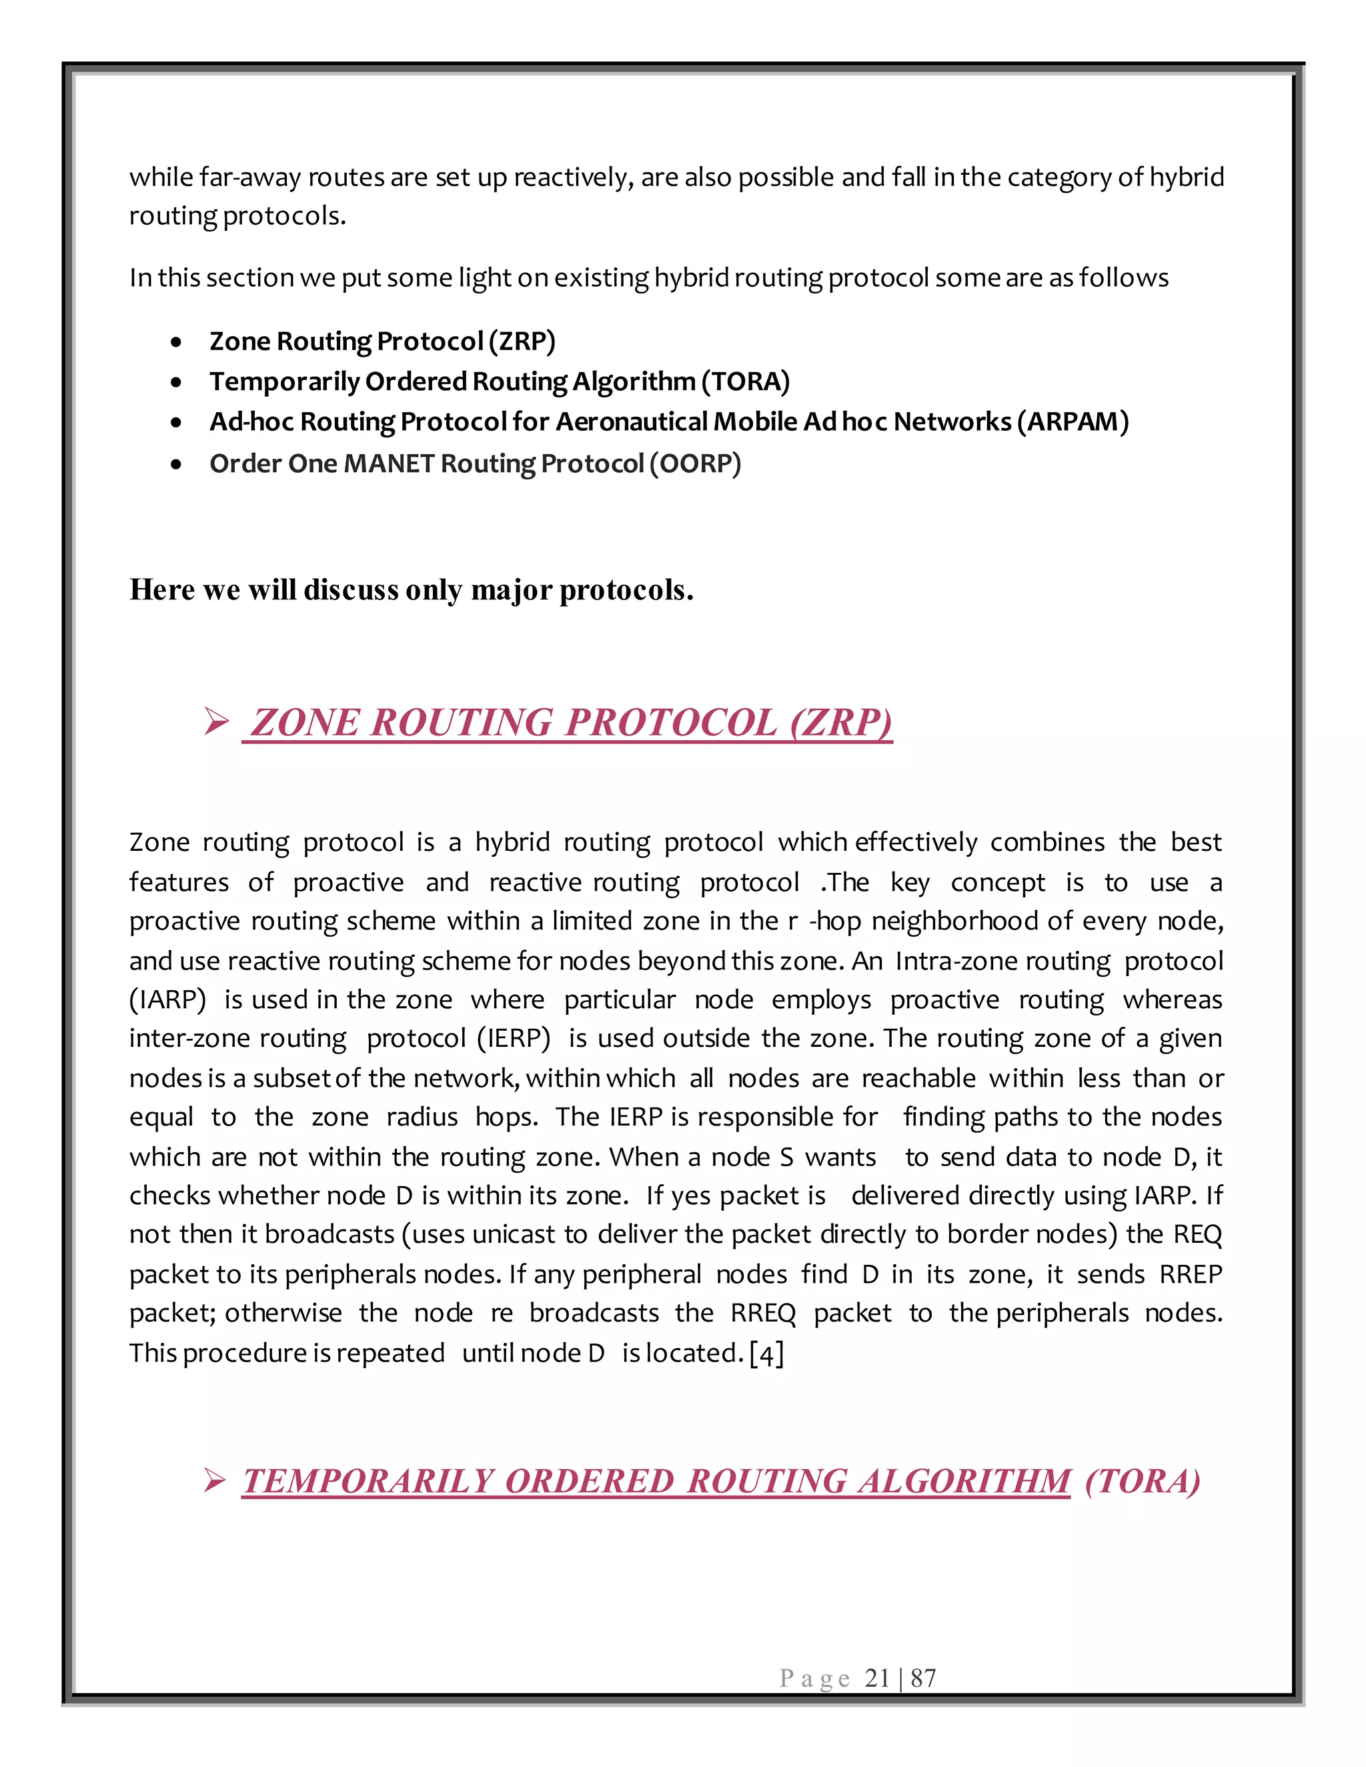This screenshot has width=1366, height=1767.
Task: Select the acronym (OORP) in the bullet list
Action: (x=695, y=463)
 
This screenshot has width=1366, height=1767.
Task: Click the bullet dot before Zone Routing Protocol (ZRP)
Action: (x=176, y=343)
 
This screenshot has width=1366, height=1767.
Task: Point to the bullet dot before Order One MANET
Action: (x=176, y=465)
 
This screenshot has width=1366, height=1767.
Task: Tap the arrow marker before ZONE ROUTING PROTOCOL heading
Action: (x=216, y=721)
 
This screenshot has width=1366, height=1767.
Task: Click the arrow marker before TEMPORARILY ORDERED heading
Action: (x=215, y=1482)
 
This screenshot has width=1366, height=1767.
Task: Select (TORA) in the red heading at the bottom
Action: (x=1142, y=1482)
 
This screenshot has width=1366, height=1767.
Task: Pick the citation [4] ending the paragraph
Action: (x=766, y=1354)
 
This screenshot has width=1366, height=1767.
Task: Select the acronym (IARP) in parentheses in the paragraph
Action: (x=167, y=1000)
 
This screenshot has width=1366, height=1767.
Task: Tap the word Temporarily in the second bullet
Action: (x=284, y=381)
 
